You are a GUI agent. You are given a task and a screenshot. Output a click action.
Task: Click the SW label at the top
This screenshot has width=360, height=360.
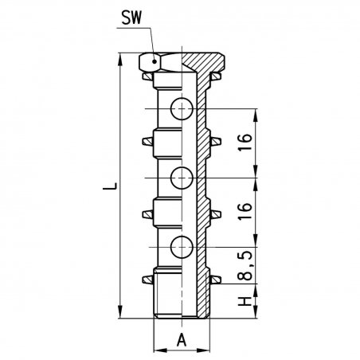point(131,18)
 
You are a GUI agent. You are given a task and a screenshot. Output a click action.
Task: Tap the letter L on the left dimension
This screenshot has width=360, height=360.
point(110,186)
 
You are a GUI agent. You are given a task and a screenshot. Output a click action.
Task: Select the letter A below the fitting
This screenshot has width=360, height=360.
point(182,340)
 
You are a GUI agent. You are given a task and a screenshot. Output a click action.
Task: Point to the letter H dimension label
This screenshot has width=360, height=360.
point(245,301)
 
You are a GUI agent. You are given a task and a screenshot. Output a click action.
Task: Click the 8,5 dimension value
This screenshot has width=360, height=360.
point(245,265)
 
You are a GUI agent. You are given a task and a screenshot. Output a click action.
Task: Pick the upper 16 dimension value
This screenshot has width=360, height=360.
point(245,142)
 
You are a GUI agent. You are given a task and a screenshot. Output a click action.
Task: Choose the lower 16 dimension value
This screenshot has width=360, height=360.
point(245,211)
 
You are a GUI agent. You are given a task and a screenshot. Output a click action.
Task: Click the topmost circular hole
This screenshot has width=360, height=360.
point(182,109)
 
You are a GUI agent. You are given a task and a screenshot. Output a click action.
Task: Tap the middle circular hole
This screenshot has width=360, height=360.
point(182,178)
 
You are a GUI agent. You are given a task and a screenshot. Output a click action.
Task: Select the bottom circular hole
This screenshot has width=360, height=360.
point(182,247)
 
